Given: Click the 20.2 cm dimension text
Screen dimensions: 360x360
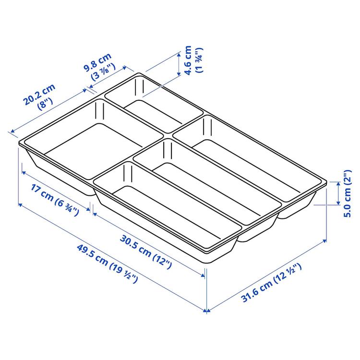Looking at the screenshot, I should (39, 95).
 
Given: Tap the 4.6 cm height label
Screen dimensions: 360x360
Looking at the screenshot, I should (188, 60).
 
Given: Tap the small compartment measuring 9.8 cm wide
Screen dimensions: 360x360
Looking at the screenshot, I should (154, 103).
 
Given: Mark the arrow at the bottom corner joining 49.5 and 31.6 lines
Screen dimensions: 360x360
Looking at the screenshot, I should (207, 311).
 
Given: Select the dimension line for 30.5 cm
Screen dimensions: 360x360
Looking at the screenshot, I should (149, 242).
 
